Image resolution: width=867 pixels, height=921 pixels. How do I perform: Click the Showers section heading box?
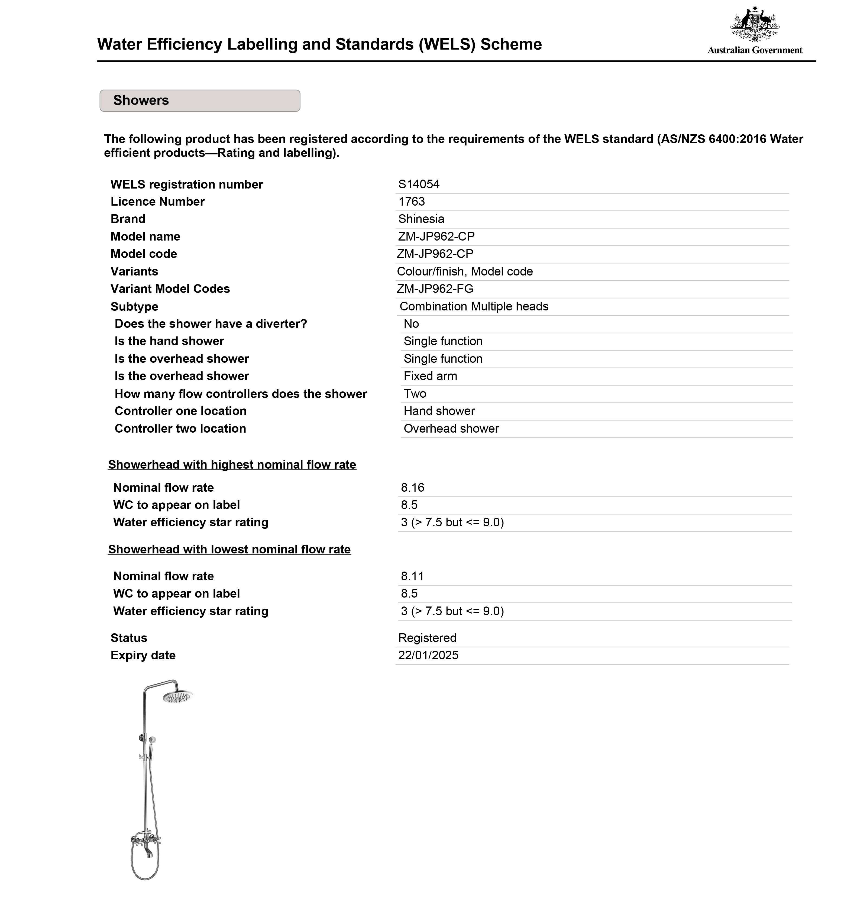tap(200, 100)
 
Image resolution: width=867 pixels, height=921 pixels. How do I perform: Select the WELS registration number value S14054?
tap(418, 184)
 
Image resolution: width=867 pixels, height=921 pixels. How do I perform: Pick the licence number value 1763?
tap(412, 202)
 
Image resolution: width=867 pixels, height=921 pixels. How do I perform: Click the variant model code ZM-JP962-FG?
tap(435, 289)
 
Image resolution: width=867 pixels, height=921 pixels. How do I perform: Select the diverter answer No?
tap(411, 324)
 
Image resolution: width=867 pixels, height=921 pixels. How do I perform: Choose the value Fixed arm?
tap(430, 376)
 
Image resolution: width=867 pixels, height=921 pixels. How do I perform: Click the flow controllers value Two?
tap(415, 394)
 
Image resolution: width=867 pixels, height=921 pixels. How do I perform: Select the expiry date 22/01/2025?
tap(428, 656)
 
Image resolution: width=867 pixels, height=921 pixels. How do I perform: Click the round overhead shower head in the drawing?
tap(177, 696)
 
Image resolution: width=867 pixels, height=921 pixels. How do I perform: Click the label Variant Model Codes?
tap(170, 289)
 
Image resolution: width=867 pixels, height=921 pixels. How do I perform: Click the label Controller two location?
tap(180, 429)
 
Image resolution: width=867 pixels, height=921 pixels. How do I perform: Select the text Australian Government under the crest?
tap(754, 50)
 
